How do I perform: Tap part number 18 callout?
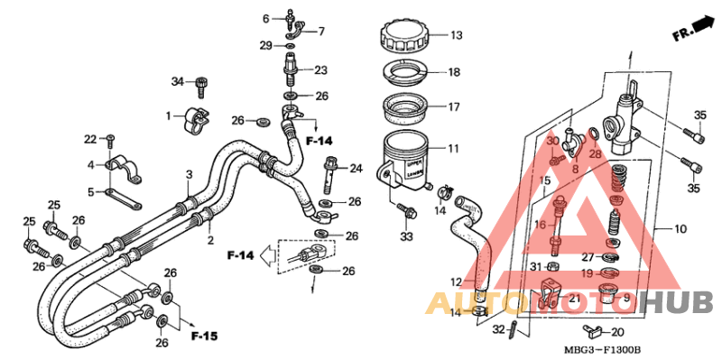coord(454,72)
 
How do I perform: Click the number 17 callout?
coord(454,106)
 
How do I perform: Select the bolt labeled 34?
coord(201,86)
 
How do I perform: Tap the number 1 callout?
coord(168,115)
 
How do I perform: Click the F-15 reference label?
coord(204,337)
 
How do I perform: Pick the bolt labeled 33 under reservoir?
coord(404,213)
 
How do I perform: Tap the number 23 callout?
coord(320,70)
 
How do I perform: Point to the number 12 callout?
coord(457,282)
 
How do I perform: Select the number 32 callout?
coord(499,330)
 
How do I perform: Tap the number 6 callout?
coord(266,19)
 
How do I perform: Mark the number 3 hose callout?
coord(190,174)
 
